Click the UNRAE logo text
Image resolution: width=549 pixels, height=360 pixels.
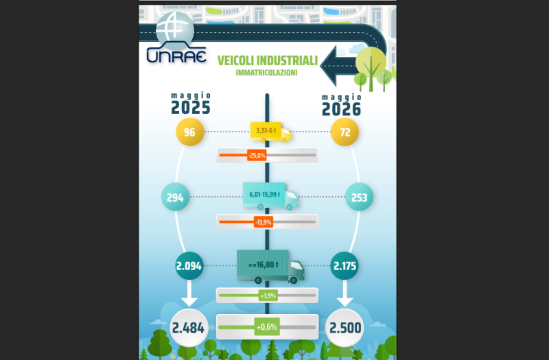[176, 56]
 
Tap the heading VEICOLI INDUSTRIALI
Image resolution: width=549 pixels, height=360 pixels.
[268, 60]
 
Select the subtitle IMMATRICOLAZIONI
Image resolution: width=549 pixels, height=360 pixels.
[266, 73]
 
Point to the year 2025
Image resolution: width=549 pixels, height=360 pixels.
[191, 108]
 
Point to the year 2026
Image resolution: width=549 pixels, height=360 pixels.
[341, 110]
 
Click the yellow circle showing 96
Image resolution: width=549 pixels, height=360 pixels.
[190, 132]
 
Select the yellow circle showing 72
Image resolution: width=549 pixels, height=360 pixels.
[345, 132]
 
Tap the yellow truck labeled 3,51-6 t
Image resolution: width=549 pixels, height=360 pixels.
[270, 132]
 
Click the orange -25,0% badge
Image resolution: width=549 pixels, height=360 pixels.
[257, 156]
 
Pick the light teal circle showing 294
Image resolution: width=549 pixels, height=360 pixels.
[176, 197]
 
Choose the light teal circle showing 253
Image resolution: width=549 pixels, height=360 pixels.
[359, 197]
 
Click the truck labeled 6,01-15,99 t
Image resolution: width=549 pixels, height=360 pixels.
[270, 196]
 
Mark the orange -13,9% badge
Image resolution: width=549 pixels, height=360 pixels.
[264, 222]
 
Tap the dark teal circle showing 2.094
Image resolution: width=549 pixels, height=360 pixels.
[189, 266]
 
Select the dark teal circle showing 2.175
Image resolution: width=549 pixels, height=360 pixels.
[344, 266]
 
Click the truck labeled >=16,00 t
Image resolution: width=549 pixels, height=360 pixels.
[270, 267]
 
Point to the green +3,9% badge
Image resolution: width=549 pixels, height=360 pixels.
[268, 296]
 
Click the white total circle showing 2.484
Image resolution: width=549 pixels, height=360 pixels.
[189, 328]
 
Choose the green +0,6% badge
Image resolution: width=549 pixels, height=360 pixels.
[267, 327]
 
